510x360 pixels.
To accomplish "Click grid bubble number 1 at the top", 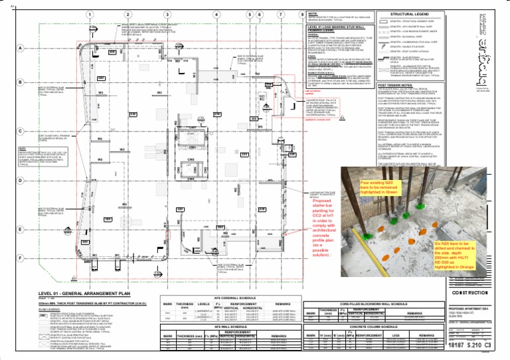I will pos(88,14).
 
